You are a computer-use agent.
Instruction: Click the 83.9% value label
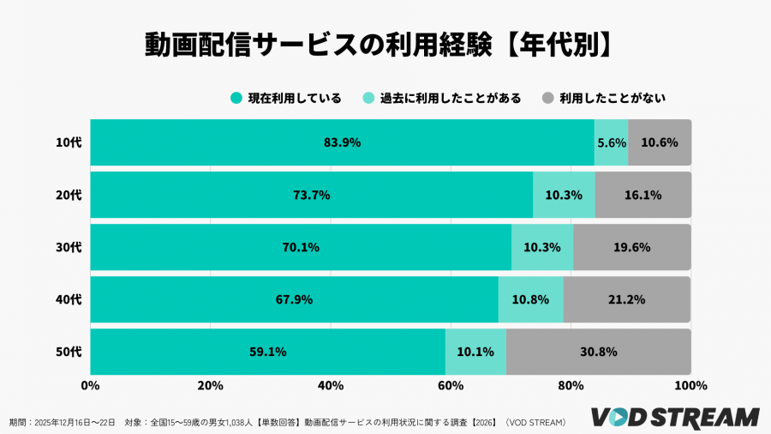click(x=342, y=142)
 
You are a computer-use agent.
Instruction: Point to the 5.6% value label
click(x=612, y=142)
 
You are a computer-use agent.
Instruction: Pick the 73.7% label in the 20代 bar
click(x=312, y=195)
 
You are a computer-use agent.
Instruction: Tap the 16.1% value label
click(x=642, y=195)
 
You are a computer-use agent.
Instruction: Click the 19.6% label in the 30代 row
click(x=632, y=247)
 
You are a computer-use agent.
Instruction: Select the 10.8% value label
click(x=531, y=299)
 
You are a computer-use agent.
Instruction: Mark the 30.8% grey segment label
click(x=599, y=352)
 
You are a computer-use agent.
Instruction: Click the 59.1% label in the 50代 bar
click(x=268, y=352)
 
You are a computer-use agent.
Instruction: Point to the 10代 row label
click(x=68, y=142)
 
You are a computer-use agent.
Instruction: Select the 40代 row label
click(x=68, y=299)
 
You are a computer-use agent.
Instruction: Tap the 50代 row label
click(x=68, y=352)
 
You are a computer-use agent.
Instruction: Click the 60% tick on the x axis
click(x=451, y=386)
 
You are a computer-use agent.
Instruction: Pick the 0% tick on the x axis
click(x=90, y=386)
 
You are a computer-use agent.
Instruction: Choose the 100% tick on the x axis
click(x=690, y=386)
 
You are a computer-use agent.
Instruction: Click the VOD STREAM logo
click(x=676, y=417)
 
